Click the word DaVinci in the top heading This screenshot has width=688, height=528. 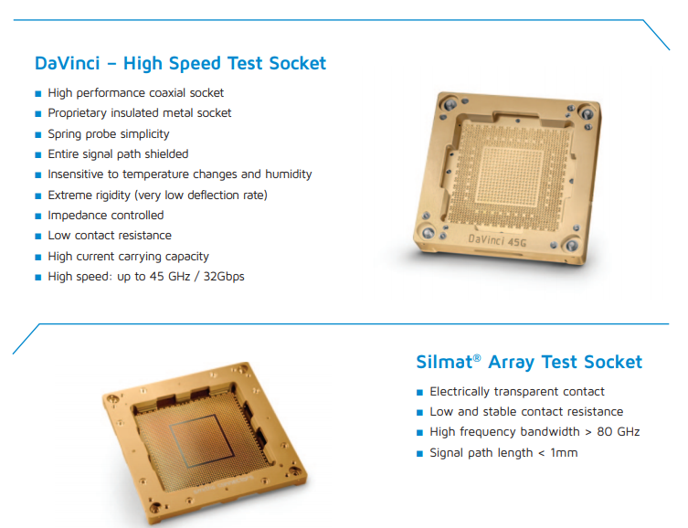[68, 63]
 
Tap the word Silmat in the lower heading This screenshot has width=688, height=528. [444, 363]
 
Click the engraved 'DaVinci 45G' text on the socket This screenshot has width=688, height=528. [497, 241]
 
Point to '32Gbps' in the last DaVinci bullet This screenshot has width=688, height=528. [224, 276]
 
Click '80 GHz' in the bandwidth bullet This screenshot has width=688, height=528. [619, 432]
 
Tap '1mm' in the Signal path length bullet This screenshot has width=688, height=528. [564, 452]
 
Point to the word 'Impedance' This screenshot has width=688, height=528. [73, 216]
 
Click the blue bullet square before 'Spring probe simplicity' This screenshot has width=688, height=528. [38, 134]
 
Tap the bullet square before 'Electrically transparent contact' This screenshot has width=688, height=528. [419, 392]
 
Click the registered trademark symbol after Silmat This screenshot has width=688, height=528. [477, 358]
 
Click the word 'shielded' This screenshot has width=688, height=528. [166, 154]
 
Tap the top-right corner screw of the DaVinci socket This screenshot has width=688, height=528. [587, 113]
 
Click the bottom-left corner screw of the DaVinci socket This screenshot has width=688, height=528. [428, 232]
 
